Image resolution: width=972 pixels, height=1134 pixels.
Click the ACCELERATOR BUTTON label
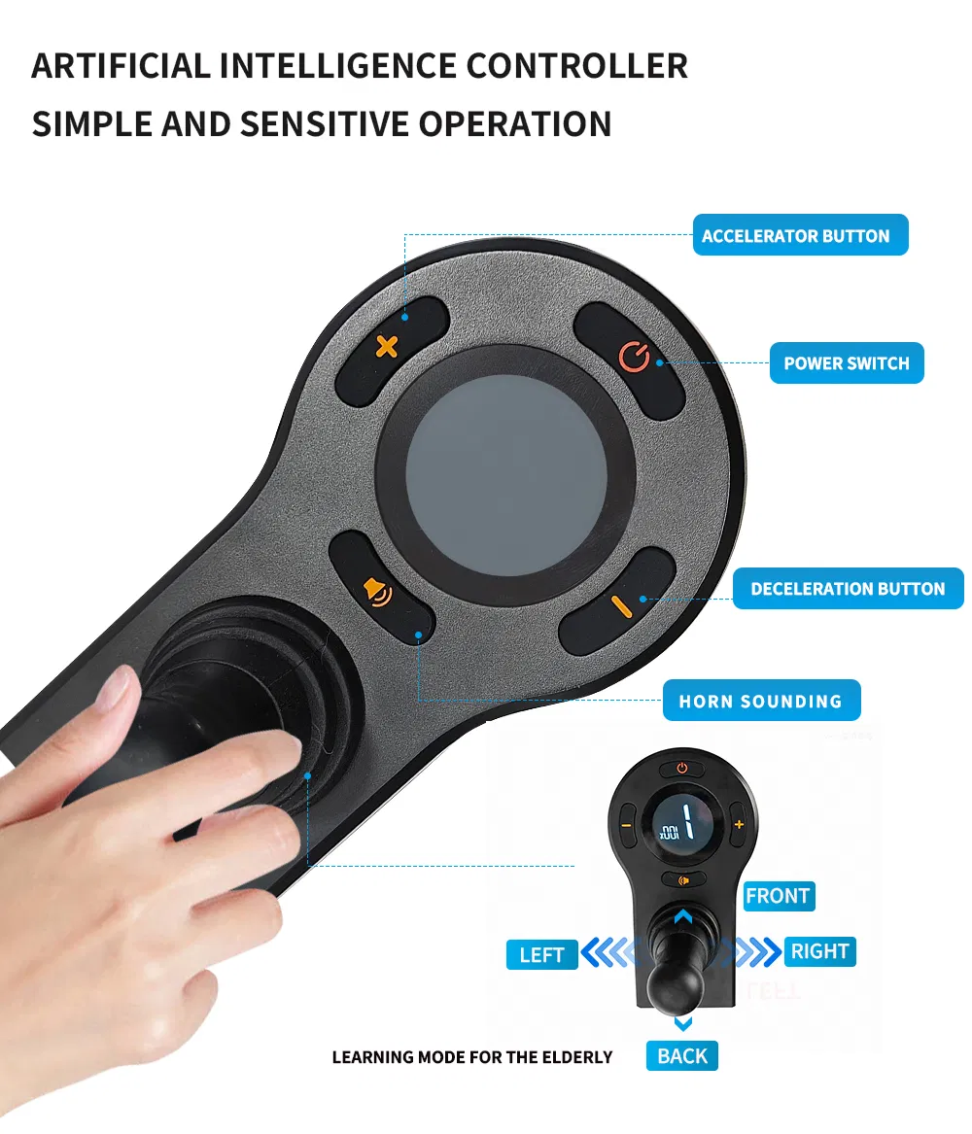tap(800, 235)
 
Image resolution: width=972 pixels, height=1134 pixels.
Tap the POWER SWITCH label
tap(847, 363)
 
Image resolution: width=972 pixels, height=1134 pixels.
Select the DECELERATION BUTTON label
tap(848, 589)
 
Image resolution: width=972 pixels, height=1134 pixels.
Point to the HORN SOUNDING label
tap(761, 700)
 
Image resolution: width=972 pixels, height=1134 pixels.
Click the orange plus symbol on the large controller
tap(388, 347)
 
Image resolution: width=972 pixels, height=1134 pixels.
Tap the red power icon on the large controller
tap(634, 357)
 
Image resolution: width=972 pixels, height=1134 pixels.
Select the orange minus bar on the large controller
tap(621, 606)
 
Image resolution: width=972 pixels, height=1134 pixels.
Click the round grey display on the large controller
tap(505, 475)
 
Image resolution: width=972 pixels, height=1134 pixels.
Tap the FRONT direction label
tap(779, 896)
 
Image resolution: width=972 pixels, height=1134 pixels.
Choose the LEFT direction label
tap(541, 954)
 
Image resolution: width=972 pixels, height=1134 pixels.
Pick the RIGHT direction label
tap(819, 951)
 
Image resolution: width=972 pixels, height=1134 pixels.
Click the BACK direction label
tap(682, 1056)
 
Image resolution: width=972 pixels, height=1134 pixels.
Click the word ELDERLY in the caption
tap(576, 1057)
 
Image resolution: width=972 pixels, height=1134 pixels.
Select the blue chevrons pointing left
tap(608, 952)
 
